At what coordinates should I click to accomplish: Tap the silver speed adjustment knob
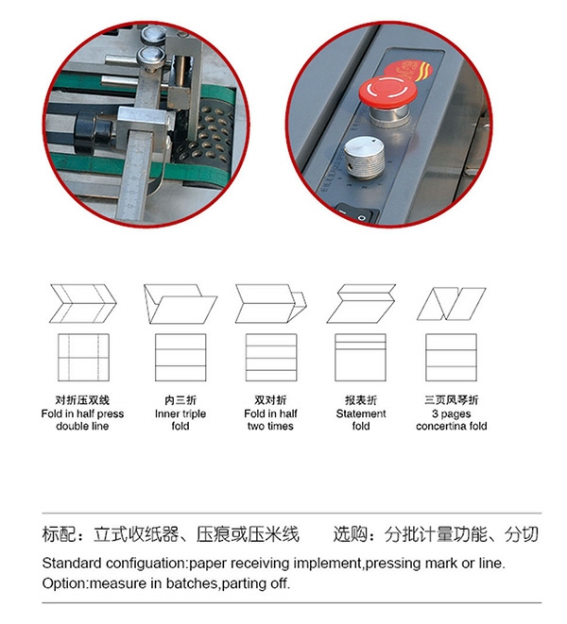(364, 158)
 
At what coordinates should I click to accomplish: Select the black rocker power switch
(357, 214)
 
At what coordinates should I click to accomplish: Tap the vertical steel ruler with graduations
(136, 175)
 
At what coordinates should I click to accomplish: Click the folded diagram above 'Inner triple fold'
(180, 303)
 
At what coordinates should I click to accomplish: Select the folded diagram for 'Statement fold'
(361, 303)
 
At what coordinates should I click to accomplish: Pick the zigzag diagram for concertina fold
(451, 304)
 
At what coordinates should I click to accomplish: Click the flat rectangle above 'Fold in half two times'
(271, 358)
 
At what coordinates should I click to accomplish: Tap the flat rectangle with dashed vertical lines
(83, 358)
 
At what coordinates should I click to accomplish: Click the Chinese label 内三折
(180, 400)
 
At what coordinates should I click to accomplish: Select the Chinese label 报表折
(361, 400)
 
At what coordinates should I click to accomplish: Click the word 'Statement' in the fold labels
(361, 413)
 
